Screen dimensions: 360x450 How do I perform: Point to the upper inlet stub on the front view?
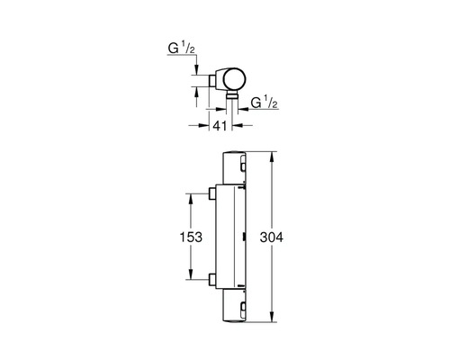point(211,193)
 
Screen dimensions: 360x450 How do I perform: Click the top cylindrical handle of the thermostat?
point(236,166)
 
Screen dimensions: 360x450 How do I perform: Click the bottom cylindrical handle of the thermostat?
point(236,306)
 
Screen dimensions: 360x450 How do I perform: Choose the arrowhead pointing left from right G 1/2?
point(243,100)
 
